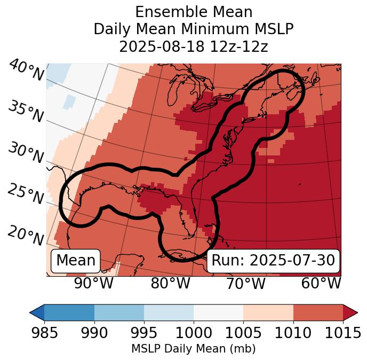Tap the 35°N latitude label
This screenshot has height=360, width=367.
point(26,111)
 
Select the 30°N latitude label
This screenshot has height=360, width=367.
point(26,153)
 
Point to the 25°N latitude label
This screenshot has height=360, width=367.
point(26,194)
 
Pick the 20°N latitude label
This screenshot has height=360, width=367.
point(26,235)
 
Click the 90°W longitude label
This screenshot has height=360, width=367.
point(94,284)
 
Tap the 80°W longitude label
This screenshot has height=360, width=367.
point(170,284)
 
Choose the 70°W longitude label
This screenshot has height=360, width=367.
point(246,284)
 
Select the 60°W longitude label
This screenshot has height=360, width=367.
point(321,284)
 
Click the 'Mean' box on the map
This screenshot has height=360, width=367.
point(76,261)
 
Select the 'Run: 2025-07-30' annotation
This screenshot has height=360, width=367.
point(273,261)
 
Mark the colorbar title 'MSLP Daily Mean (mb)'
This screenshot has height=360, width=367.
point(193,349)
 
